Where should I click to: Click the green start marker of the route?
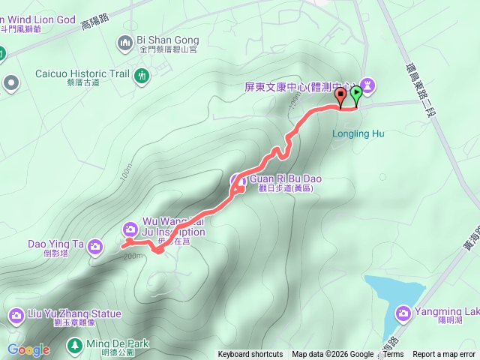(356, 94)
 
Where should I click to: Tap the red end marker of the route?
(341, 94)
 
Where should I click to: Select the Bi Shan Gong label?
(167, 40)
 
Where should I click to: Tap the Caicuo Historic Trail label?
(82, 74)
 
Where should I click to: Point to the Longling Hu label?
(358, 134)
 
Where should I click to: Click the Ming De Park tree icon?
(74, 345)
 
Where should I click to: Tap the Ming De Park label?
(118, 344)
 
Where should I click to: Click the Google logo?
(28, 349)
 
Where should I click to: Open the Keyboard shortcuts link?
(250, 355)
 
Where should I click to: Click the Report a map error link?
(443, 355)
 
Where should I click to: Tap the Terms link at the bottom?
(393, 355)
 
